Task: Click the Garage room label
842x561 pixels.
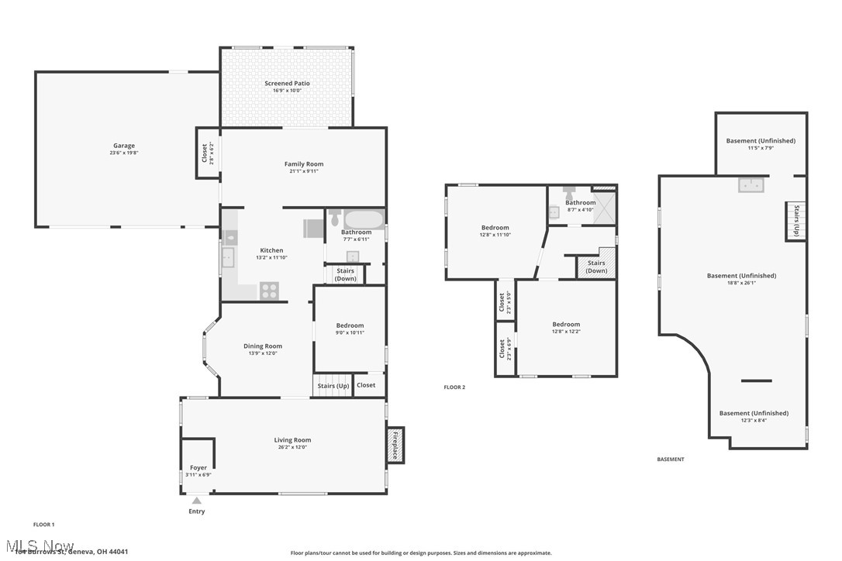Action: (x=124, y=146)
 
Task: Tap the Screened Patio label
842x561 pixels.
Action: (x=287, y=83)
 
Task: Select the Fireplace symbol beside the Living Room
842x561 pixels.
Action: (x=395, y=446)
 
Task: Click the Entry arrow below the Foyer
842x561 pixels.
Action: (x=197, y=501)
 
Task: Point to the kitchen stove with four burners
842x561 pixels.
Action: (x=269, y=291)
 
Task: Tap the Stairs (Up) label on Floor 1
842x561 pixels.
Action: (x=333, y=386)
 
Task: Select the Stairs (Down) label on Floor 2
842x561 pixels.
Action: (x=596, y=267)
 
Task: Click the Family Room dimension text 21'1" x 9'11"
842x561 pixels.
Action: (x=304, y=171)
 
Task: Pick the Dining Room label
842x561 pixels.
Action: (x=263, y=346)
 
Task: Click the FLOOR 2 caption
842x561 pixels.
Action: (x=454, y=387)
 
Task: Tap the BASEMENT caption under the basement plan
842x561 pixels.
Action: (x=671, y=459)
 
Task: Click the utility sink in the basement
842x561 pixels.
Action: (x=751, y=184)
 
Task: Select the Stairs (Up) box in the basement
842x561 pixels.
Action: (x=796, y=221)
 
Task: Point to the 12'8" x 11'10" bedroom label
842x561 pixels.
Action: (x=495, y=231)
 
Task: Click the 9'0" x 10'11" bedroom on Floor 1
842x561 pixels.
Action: (x=350, y=329)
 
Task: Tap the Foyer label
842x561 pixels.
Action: (x=198, y=468)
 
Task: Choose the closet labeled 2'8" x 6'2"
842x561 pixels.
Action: (x=205, y=153)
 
